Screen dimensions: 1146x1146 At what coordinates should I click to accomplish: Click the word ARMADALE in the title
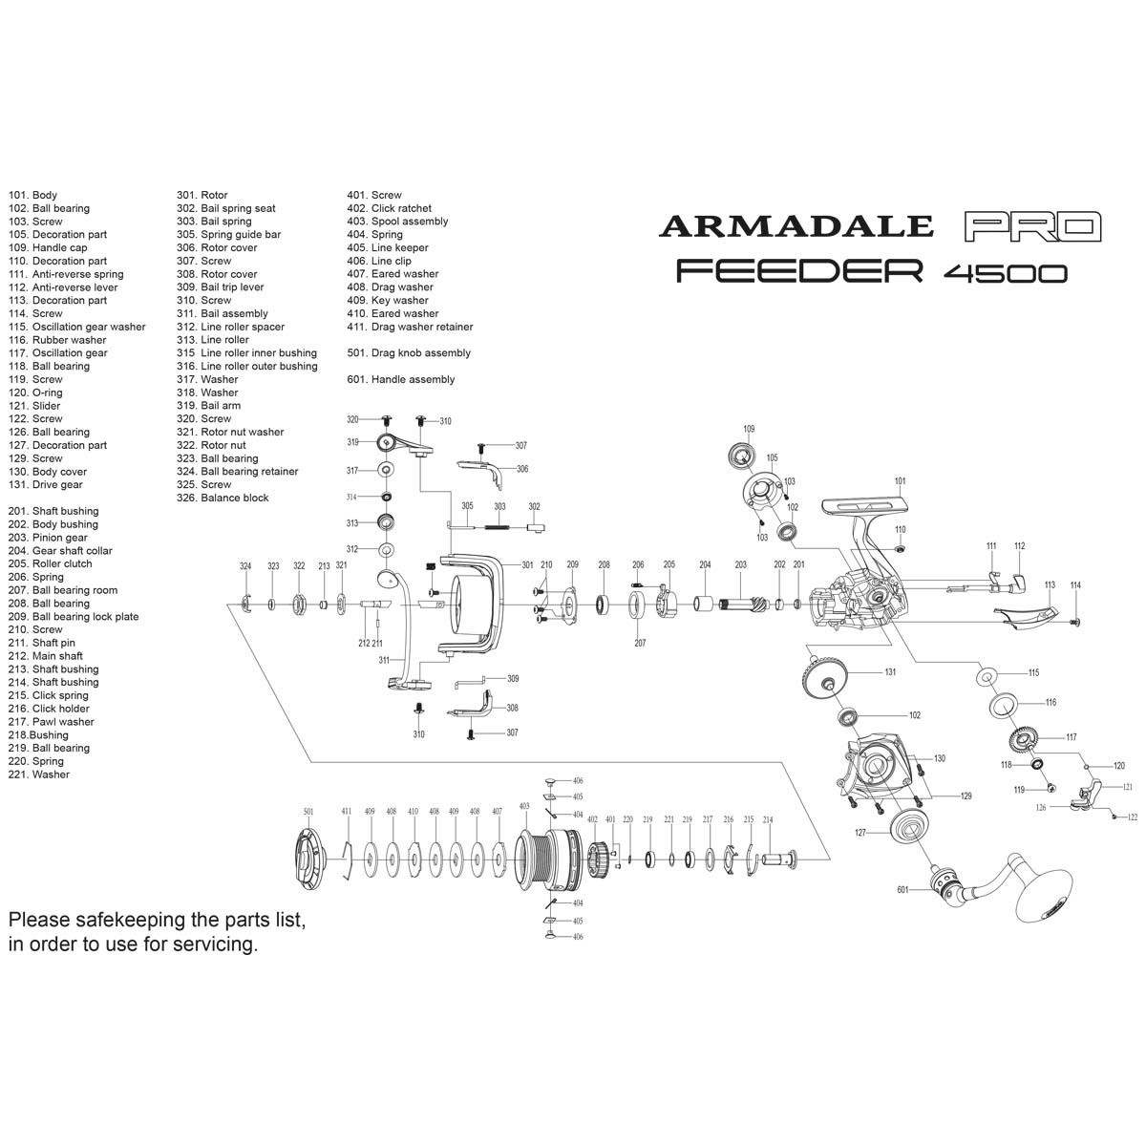[796, 225]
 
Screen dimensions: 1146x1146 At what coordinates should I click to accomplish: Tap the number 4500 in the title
[1005, 273]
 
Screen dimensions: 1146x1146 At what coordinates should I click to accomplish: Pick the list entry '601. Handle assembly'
[401, 380]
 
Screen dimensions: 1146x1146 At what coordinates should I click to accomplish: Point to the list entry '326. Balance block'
[223, 499]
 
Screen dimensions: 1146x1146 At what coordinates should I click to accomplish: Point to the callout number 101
[900, 481]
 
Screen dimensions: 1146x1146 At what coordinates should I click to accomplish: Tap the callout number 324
[245, 566]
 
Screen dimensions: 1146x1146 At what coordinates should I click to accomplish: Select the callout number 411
[346, 812]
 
